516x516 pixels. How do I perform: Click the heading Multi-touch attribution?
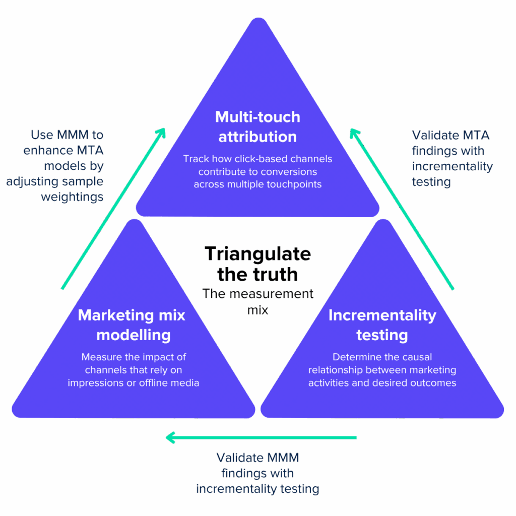(x=257, y=126)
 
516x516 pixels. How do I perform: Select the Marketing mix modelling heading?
(x=132, y=325)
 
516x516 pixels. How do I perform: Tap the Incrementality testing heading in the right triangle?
(x=382, y=325)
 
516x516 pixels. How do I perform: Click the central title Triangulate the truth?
(x=257, y=264)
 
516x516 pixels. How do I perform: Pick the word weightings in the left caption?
(x=72, y=196)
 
